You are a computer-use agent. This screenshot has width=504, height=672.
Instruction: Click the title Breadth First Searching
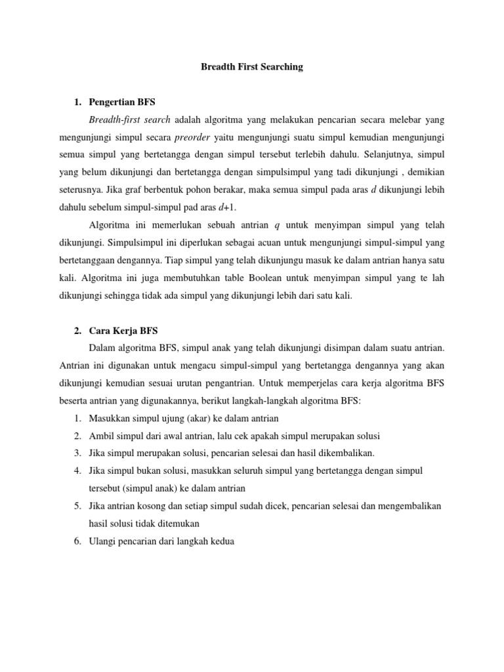(251, 67)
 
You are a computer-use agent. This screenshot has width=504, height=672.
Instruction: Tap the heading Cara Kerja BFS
(123, 331)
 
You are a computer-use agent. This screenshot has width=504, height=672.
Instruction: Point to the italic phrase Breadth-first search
(129, 120)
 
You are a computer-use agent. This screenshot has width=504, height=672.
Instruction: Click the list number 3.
(77, 453)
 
